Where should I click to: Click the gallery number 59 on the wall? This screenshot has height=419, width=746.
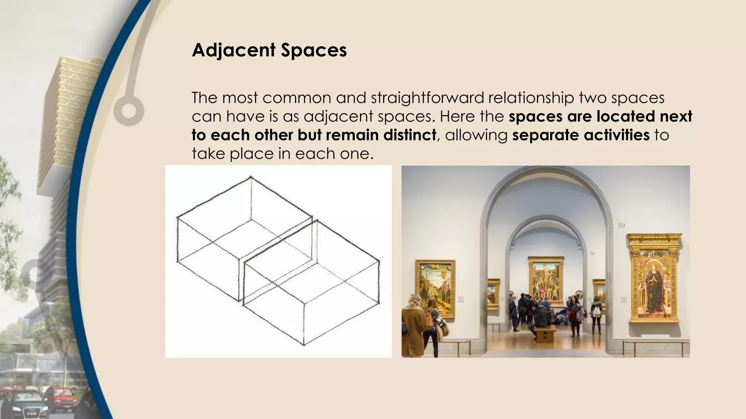621,226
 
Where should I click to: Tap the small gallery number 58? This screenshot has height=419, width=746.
592,254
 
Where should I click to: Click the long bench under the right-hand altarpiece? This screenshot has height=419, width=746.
656,344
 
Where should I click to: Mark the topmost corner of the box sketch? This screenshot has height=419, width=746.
251,177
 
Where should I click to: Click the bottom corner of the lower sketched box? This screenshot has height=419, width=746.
304,344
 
